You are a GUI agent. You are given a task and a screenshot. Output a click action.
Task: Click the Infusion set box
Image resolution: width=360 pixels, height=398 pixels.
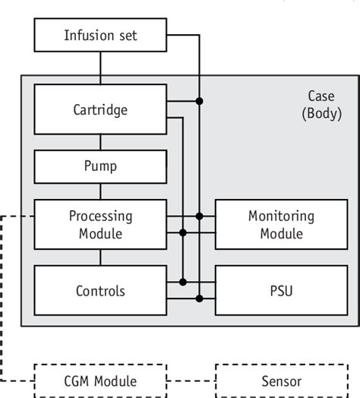(x=100, y=35)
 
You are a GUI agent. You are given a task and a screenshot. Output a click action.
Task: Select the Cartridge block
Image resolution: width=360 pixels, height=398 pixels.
(x=100, y=109)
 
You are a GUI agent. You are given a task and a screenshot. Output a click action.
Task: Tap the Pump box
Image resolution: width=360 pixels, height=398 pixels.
(x=100, y=166)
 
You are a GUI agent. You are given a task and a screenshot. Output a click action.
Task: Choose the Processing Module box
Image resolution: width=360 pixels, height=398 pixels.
(x=100, y=224)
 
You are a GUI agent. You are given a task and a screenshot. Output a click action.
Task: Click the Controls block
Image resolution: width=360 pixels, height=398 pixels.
(x=100, y=290)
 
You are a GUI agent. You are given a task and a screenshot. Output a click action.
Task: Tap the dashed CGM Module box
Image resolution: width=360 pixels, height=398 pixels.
(x=100, y=381)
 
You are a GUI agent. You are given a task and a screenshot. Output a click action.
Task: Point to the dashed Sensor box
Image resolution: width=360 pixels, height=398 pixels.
(x=281, y=381)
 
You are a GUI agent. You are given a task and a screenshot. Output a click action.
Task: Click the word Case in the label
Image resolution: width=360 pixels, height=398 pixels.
(x=321, y=96)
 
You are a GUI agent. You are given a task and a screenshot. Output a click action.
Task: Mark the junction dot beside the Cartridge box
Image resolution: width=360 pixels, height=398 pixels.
(x=199, y=101)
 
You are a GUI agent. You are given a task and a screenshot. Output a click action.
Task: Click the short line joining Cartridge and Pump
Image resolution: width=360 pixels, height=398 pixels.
(x=100, y=142)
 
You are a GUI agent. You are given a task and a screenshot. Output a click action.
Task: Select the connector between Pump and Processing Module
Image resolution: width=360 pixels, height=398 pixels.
(x=100, y=191)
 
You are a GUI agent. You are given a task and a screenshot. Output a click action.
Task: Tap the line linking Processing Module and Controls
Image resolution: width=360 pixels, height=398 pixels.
(x=100, y=257)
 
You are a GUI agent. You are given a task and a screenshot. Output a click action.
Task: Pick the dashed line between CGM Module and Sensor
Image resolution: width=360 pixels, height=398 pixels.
(x=191, y=381)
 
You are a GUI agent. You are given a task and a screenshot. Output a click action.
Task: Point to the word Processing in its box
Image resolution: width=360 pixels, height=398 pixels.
(x=100, y=216)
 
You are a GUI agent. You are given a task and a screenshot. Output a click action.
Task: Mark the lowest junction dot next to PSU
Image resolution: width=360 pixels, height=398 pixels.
(x=199, y=298)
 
